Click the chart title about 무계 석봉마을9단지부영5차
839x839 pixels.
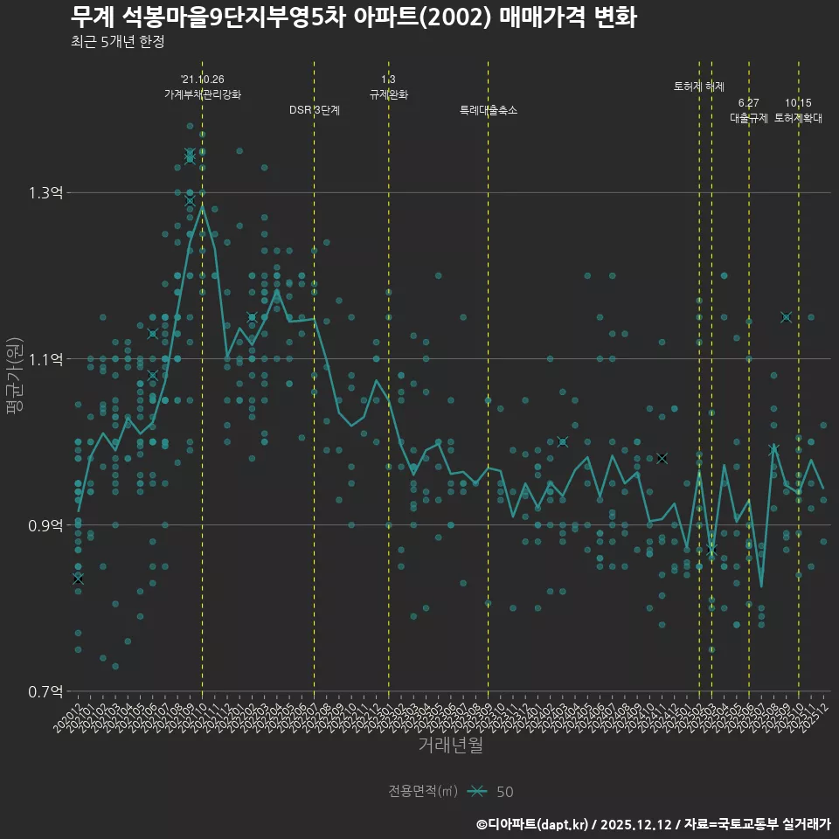[x=354, y=17]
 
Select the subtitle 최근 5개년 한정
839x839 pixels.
[x=117, y=42]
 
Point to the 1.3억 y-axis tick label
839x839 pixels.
[x=45, y=193]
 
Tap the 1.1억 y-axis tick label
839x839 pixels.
[x=45, y=359]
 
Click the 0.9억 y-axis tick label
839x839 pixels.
[x=45, y=525]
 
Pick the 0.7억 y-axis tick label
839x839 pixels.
[x=45, y=691]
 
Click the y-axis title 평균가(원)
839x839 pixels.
[x=15, y=376]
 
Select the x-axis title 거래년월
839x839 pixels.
[x=450, y=745]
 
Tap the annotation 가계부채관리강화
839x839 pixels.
[x=203, y=94]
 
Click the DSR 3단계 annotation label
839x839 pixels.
[x=315, y=110]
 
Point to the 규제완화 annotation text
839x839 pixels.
[x=389, y=94]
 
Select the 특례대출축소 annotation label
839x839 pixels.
[x=489, y=110]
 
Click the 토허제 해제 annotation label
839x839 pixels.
[x=699, y=87]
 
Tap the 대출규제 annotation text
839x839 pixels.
[x=749, y=118]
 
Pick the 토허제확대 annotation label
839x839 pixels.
[x=798, y=118]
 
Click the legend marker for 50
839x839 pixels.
[x=476, y=792]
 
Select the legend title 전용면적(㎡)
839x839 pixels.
[x=423, y=792]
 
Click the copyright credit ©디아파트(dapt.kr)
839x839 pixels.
[x=533, y=824]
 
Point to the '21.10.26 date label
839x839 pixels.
[x=203, y=80]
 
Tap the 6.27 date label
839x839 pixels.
[x=749, y=103]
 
